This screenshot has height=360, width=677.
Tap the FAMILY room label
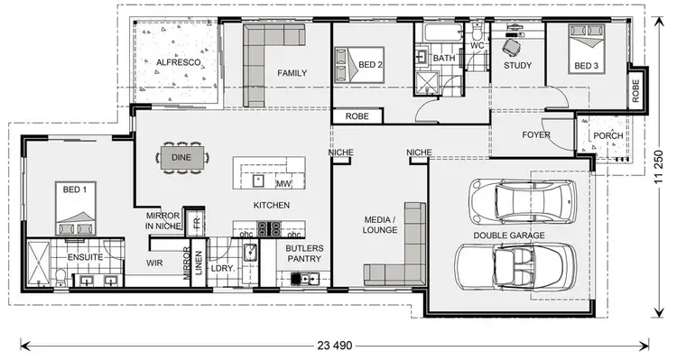tap(292, 73)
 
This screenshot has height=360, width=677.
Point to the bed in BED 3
tap(586, 50)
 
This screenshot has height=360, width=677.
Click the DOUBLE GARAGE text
tap(508, 235)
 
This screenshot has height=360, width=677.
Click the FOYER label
tap(536, 135)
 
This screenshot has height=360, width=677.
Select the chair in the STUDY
tap(513, 45)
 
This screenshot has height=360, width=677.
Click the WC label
tap(478, 43)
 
